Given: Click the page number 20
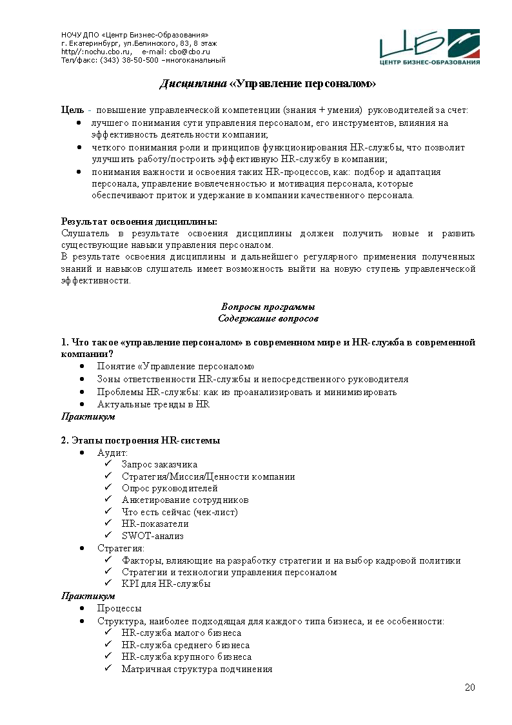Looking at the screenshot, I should click(470, 687).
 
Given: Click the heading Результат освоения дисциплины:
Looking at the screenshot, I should click(139, 221).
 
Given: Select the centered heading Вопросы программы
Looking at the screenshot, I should click(268, 307).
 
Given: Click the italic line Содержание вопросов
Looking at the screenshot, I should click(268, 318).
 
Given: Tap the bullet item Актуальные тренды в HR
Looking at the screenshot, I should click(153, 404).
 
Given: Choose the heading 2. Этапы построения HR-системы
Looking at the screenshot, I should click(141, 440).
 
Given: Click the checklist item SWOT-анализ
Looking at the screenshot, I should click(152, 535).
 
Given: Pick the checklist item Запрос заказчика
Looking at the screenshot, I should click(159, 464).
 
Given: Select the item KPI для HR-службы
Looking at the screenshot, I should click(166, 584).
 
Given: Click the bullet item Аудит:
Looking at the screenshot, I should click(112, 453).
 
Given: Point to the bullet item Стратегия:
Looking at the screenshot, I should click(121, 548).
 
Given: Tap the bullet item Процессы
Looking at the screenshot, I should click(119, 608).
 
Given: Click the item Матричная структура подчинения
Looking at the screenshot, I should click(197, 669).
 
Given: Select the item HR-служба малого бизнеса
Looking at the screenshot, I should click(181, 633).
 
